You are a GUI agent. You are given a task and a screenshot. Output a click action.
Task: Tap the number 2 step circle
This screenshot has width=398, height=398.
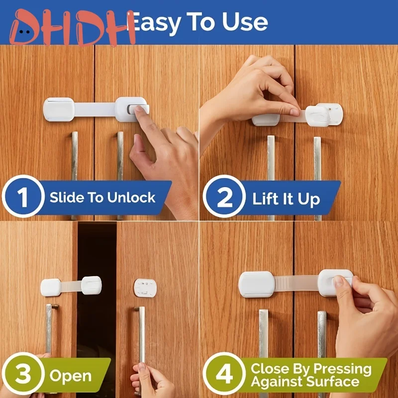(225, 199)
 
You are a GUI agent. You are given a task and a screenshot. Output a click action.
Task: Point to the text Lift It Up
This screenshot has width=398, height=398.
(286, 199)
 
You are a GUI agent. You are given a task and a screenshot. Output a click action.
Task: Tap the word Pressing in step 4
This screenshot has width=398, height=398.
(343, 369)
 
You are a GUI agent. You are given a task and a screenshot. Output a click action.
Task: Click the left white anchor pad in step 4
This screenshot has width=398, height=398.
(256, 284)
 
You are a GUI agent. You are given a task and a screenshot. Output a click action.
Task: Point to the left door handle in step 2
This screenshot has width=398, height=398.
(271, 174)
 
